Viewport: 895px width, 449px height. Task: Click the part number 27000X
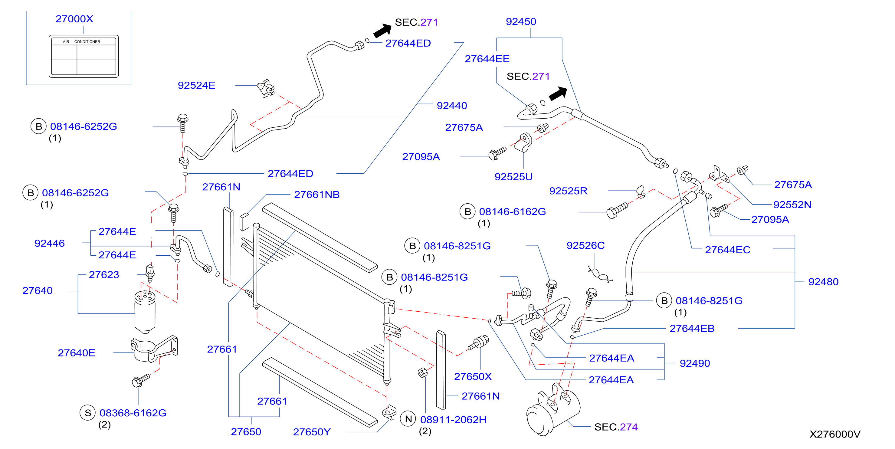[74, 19]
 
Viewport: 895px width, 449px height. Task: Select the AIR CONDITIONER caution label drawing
[84, 56]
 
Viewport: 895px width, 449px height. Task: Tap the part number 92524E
[196, 85]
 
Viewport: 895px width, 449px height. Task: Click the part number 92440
[452, 105]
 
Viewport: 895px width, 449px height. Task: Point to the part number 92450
[521, 21]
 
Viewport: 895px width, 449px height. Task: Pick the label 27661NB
[316, 195]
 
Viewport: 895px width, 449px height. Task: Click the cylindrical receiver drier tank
[145, 312]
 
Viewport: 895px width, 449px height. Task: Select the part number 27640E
[77, 353]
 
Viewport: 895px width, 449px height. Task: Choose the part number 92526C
[585, 245]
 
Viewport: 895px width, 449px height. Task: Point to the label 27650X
[473, 376]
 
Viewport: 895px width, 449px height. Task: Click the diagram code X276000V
[834, 434]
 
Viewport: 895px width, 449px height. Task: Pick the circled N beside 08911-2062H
[408, 419]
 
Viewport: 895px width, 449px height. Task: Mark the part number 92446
[49, 243]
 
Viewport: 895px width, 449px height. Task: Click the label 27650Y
[312, 432]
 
